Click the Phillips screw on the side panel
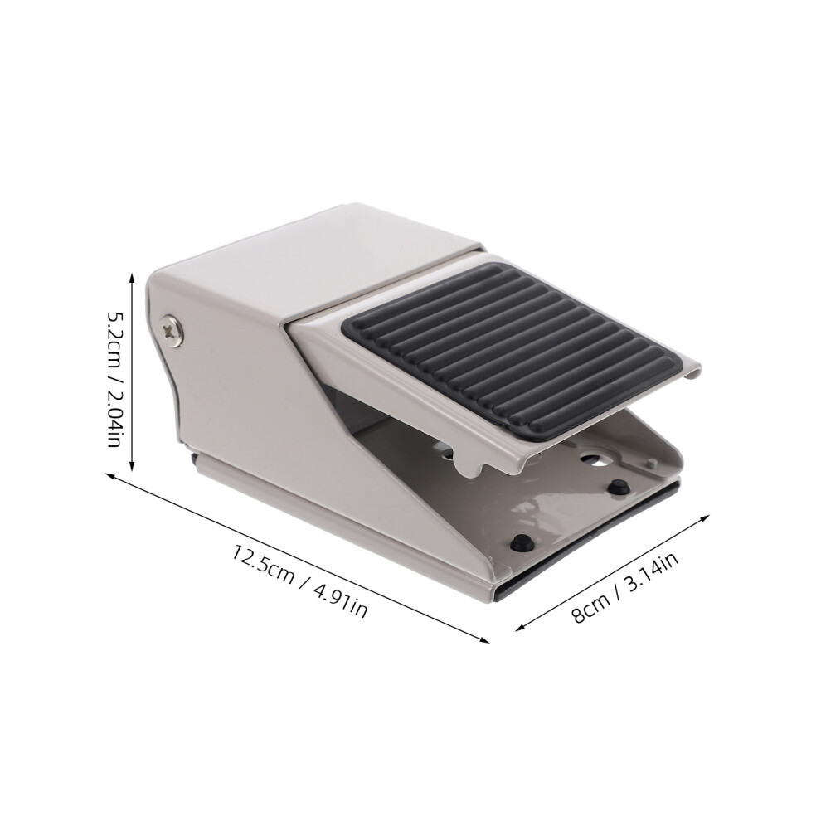(x=172, y=329)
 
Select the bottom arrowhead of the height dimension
(x=132, y=466)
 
